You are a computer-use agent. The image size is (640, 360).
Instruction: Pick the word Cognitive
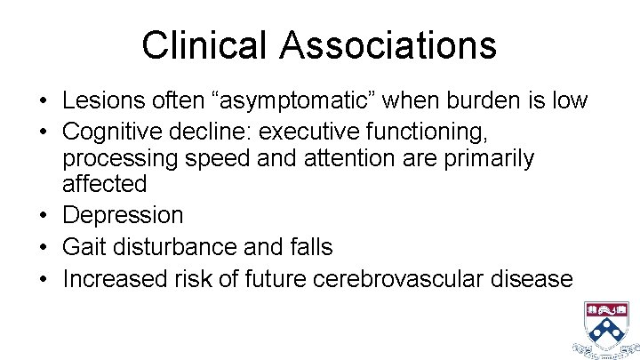[110, 132]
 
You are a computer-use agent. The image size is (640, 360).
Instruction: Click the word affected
[104, 184]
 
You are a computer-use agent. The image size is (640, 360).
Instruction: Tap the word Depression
[123, 215]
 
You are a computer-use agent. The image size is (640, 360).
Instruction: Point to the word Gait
[84, 247]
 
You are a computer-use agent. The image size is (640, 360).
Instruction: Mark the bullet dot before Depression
[44, 215]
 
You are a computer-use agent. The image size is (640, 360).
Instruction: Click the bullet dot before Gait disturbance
[44, 247]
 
